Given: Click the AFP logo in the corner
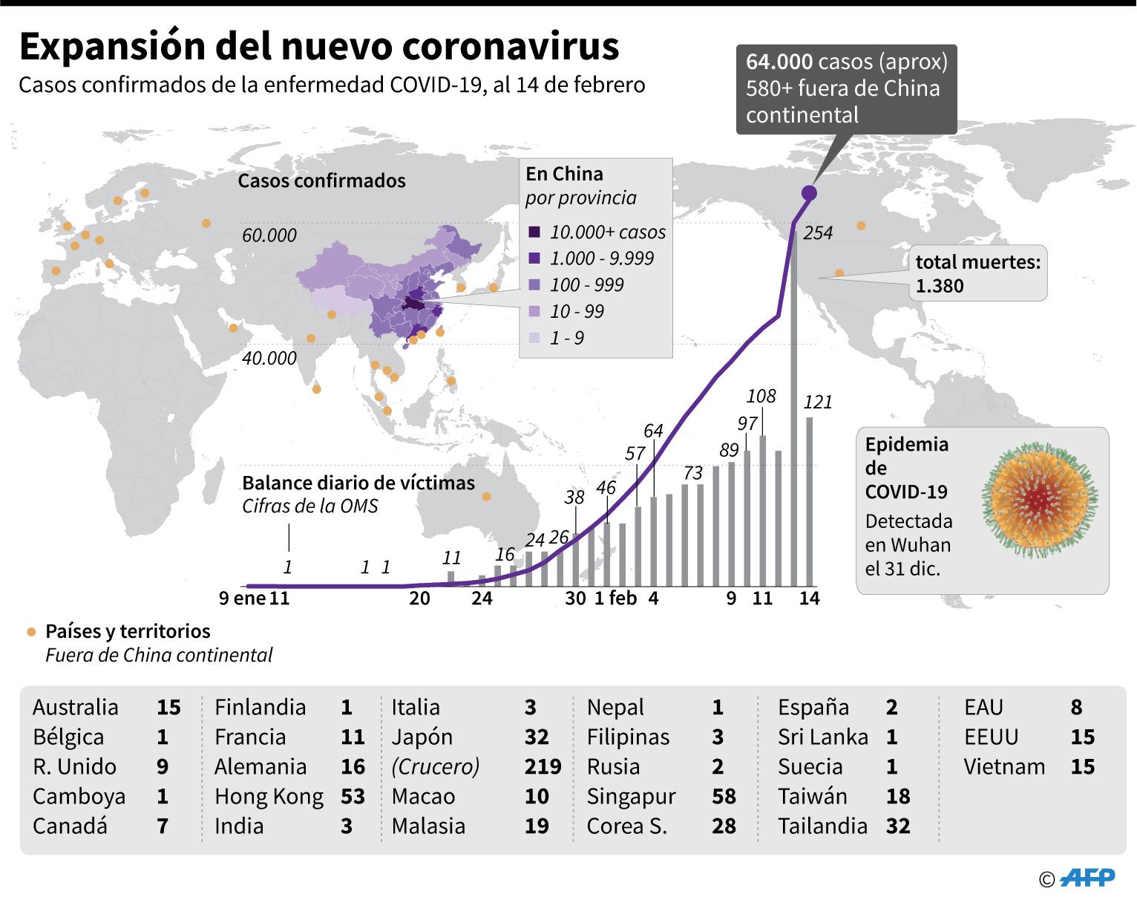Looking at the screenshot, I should (x=1087, y=878).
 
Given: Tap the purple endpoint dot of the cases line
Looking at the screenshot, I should (x=809, y=193).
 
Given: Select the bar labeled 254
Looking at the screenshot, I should (x=793, y=408).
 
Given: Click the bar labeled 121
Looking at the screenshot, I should (x=810, y=501).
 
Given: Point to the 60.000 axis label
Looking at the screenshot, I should (x=269, y=235).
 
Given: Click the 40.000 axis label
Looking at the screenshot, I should (x=269, y=358).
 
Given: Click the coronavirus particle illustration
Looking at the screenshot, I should (x=1039, y=499).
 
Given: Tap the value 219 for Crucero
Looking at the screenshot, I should (x=543, y=766).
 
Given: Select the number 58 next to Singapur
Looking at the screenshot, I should (x=724, y=796).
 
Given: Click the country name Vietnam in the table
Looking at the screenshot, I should (x=1004, y=766).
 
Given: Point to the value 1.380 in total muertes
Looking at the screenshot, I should (x=940, y=286).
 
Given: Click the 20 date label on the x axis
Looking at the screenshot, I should (x=419, y=598).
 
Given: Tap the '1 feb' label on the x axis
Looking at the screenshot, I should (x=615, y=598).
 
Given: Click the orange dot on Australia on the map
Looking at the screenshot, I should (x=487, y=497).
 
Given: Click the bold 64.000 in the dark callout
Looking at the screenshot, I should (x=779, y=62).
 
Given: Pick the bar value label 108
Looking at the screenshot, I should (x=761, y=396).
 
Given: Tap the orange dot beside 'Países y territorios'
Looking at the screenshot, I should (x=31, y=632).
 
